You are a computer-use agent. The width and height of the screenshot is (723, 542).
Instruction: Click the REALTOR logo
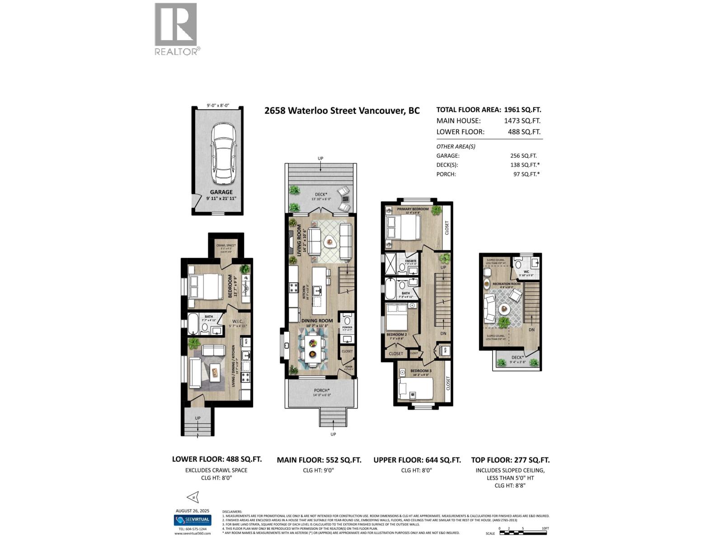click(176, 29)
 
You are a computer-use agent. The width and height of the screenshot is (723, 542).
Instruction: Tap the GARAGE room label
click(221, 192)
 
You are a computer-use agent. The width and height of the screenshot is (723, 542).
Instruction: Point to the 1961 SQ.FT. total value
click(522, 109)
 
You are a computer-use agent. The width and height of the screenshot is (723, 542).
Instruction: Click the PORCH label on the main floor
click(322, 390)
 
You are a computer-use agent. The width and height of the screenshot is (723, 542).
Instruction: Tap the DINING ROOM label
click(317, 321)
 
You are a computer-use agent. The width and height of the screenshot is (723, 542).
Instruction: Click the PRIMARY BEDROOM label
click(413, 209)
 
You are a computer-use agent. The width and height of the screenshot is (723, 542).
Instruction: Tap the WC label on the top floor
click(526, 272)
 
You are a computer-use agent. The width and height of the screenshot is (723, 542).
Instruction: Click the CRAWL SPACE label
click(226, 245)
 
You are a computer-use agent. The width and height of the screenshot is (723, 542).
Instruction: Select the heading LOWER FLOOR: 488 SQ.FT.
click(217, 459)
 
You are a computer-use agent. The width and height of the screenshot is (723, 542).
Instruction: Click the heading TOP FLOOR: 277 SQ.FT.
click(510, 460)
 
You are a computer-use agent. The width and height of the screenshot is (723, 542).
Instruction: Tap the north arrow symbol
click(192, 497)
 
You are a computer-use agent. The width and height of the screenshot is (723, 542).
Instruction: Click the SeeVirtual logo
click(192, 520)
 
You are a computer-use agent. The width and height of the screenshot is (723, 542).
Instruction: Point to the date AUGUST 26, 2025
click(192, 511)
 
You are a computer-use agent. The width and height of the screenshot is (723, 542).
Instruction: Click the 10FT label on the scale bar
click(545, 528)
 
